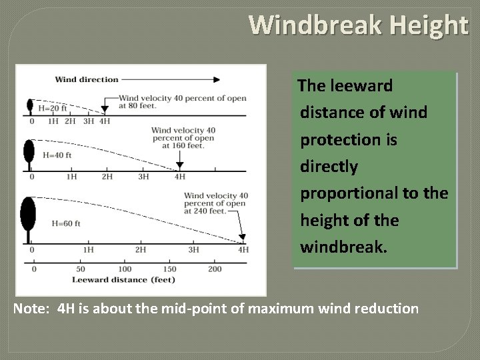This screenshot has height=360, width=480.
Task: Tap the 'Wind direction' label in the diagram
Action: coord(87,79)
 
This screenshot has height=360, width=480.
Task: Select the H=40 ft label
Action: coord(57,155)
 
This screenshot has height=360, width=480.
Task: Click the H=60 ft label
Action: coord(65,223)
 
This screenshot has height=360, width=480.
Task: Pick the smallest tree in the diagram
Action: coord(29,107)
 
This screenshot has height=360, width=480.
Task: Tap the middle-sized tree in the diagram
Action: coord(29,153)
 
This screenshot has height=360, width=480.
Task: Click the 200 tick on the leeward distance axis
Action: coord(215,269)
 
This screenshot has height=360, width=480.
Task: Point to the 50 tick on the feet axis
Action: coord(80,269)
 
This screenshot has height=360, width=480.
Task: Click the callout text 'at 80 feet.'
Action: coord(137,105)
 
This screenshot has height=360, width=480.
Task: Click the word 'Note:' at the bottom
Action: coord(33,309)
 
